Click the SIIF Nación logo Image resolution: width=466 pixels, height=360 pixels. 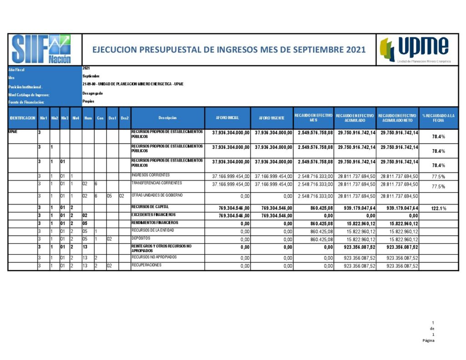tap(41, 49)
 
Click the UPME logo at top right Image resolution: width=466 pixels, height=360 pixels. tap(415, 50)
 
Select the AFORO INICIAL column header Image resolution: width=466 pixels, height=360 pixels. tap(228, 118)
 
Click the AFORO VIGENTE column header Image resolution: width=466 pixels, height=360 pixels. tap(272, 118)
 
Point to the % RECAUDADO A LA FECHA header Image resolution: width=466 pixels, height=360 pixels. tap(438, 118)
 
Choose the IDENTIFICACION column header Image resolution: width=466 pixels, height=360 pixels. tap(22, 118)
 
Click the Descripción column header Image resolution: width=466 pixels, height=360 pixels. tap(167, 118)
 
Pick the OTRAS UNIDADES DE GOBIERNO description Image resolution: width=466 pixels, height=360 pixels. tap(157, 195)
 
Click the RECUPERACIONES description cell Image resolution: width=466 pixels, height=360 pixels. tap(146, 265)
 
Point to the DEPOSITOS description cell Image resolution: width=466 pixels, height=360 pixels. tap(141, 238)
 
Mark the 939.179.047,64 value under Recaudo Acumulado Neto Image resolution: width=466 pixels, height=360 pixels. tap(397, 208)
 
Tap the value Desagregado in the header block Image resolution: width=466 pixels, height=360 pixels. tap(92, 93)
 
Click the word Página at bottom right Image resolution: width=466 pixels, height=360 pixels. tap(428, 340)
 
